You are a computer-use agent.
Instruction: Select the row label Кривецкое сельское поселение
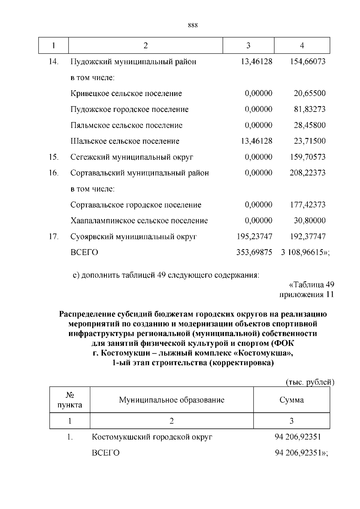click(x=126, y=94)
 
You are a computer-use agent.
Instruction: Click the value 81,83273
click(x=309, y=109)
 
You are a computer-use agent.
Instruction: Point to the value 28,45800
click(x=309, y=125)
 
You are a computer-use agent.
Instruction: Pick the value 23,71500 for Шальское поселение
click(x=309, y=141)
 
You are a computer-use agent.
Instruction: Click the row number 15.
click(x=53, y=157)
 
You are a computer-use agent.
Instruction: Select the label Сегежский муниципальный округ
click(x=132, y=157)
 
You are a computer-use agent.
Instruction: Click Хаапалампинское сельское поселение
click(x=139, y=221)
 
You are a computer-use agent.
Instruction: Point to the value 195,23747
click(x=254, y=237)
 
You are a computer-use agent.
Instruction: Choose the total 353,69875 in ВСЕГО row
click(x=254, y=253)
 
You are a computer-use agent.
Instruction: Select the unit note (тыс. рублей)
click(x=309, y=382)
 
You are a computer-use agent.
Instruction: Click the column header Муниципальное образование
click(x=172, y=400)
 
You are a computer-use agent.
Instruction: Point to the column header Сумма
click(x=291, y=400)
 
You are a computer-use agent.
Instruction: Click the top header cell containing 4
click(x=302, y=46)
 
